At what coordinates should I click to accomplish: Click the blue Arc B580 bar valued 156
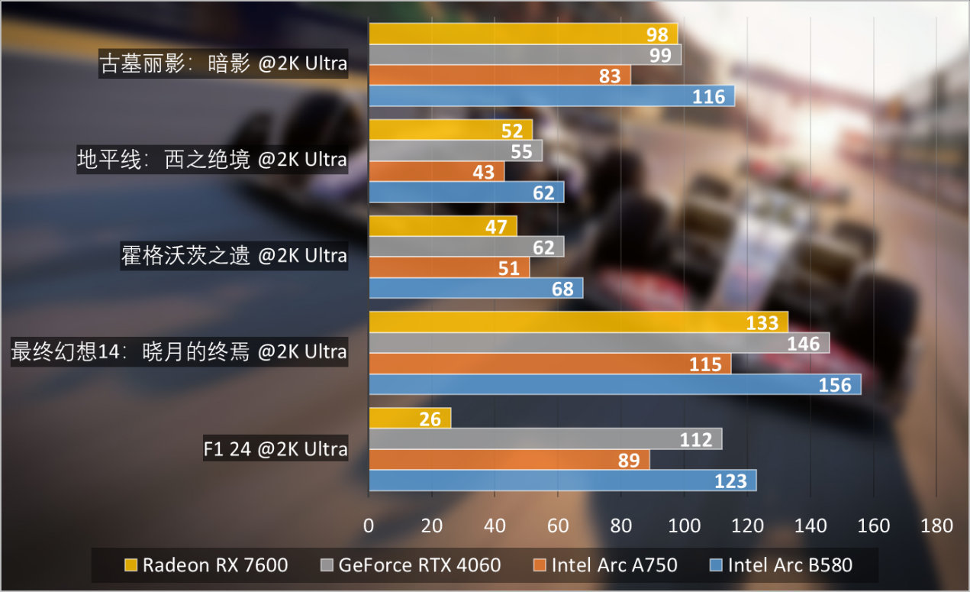(614, 384)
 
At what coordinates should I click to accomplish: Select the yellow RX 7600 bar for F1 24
(410, 418)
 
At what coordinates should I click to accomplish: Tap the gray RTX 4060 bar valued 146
(599, 343)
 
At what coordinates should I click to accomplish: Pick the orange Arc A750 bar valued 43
(437, 172)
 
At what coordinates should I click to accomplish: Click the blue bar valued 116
(551, 95)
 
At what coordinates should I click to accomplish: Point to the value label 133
(762, 323)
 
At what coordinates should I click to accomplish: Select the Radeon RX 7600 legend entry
(206, 565)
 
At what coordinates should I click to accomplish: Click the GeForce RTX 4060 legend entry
(411, 565)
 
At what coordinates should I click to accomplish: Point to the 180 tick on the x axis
(936, 526)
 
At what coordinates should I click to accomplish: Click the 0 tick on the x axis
(369, 526)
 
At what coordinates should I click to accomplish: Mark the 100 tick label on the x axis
(684, 526)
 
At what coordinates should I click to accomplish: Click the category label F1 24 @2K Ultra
(276, 449)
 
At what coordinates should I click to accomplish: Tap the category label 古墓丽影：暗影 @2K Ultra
(224, 63)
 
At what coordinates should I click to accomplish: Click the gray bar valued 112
(545, 439)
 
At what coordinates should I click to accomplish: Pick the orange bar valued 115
(549, 364)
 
